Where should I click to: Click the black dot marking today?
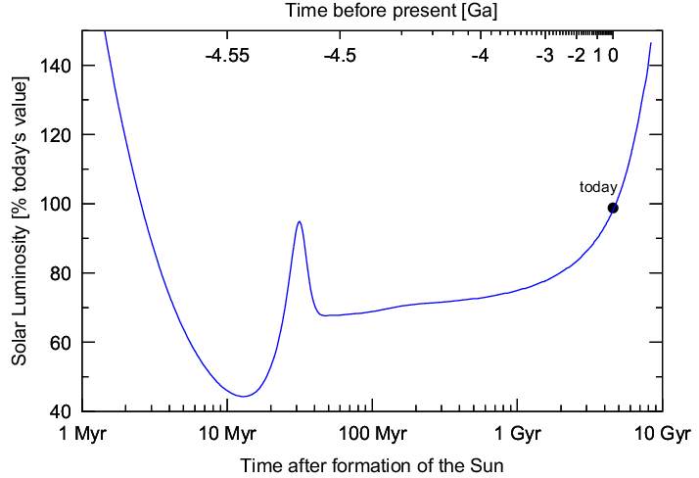coord(613,208)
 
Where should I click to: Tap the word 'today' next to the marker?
coord(598,187)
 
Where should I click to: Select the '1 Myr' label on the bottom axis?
coord(84,433)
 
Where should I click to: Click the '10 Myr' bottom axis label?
coord(227,433)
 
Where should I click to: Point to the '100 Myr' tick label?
coord(371,433)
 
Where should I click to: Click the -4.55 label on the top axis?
coord(227,56)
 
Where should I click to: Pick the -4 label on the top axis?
coord(480,56)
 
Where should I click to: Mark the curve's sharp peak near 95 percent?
coord(299,222)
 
